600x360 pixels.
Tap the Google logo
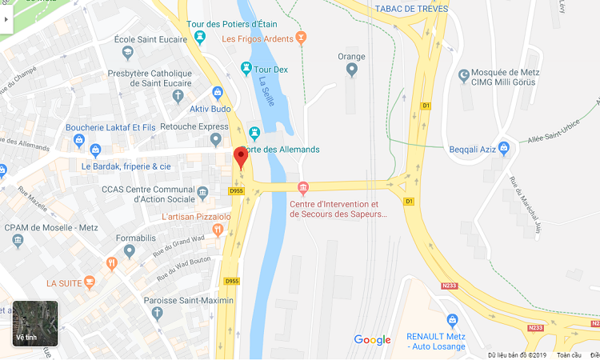point(372,340)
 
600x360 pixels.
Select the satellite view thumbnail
point(35,323)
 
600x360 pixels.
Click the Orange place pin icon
point(351,70)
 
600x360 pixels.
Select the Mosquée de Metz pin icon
point(464,76)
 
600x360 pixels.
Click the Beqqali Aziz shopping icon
point(504,147)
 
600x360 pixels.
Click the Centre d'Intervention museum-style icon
point(302,189)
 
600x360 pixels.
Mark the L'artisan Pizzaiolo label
point(195,217)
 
